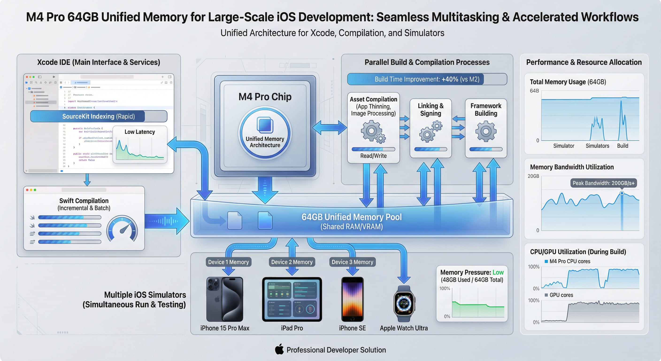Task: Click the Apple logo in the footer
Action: coord(279,349)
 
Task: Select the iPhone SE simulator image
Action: coord(352,299)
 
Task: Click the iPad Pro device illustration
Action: coord(292,299)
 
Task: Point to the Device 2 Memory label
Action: coord(292,262)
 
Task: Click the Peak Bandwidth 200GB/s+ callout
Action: coord(603,183)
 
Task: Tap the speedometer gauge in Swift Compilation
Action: coord(122,229)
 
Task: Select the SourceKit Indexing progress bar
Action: coord(99,116)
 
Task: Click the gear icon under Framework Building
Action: coord(486,131)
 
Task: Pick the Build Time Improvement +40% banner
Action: coord(427,79)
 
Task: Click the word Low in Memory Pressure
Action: coord(498,272)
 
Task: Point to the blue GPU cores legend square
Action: coord(546,295)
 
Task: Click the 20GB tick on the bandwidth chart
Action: coord(533,176)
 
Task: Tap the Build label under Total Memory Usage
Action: coord(623,146)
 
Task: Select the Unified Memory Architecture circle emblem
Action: coord(265,133)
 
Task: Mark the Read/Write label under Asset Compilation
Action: coord(373,156)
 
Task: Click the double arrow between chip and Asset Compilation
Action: coord(330,128)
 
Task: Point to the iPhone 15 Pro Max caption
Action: coord(225,328)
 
